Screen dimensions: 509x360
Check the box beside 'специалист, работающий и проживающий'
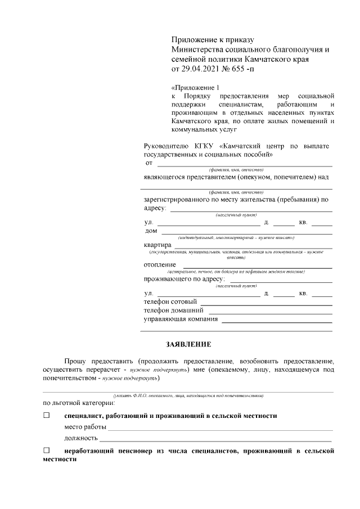(x=47, y=415)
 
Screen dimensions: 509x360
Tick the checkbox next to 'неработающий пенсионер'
(x=47, y=451)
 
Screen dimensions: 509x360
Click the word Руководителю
(x=168, y=146)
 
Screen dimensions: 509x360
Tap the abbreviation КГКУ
(x=206, y=146)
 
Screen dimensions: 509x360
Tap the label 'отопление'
(x=160, y=264)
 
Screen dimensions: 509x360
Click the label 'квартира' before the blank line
(x=157, y=245)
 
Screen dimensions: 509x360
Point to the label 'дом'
(x=151, y=231)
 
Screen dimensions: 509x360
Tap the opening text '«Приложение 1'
(x=194, y=88)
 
